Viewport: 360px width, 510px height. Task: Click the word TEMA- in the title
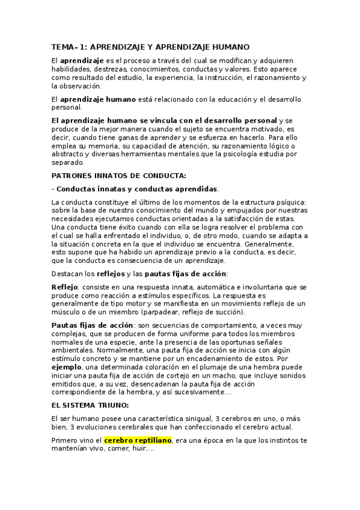(x=65, y=46)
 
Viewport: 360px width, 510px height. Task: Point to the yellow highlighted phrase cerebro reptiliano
(x=138, y=440)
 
